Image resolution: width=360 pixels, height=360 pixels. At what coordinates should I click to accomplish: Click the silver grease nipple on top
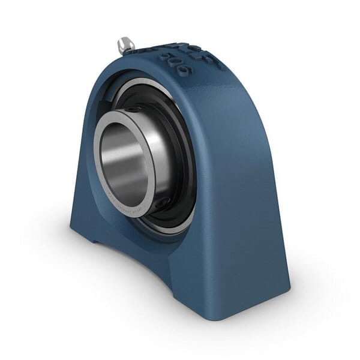point(125,44)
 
